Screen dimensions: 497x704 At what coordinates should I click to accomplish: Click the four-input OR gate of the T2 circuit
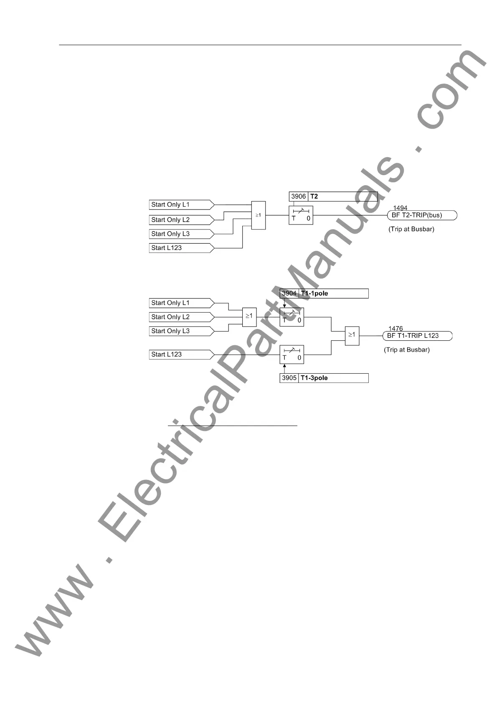258,215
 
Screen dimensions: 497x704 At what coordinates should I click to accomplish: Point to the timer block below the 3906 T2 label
301,215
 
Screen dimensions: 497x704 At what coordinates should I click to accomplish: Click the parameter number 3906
299,196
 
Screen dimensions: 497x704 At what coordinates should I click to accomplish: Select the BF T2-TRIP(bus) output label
422,215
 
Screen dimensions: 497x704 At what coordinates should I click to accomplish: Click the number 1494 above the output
400,208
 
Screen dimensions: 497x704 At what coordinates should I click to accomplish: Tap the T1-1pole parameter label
314,293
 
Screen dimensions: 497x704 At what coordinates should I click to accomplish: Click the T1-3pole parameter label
314,378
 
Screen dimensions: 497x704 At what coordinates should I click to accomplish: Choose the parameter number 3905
289,378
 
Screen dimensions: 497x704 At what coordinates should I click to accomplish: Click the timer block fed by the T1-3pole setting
292,355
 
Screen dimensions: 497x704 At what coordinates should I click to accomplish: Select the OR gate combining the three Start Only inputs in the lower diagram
249,316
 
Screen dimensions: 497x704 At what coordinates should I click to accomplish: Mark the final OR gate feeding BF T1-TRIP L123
352,335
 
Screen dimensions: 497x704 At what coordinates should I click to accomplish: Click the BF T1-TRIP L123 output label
417,336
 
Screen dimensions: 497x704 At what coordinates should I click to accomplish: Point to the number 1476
396,329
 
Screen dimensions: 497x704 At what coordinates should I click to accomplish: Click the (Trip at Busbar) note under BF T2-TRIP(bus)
411,229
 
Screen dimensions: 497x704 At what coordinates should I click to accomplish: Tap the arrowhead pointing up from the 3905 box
285,367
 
